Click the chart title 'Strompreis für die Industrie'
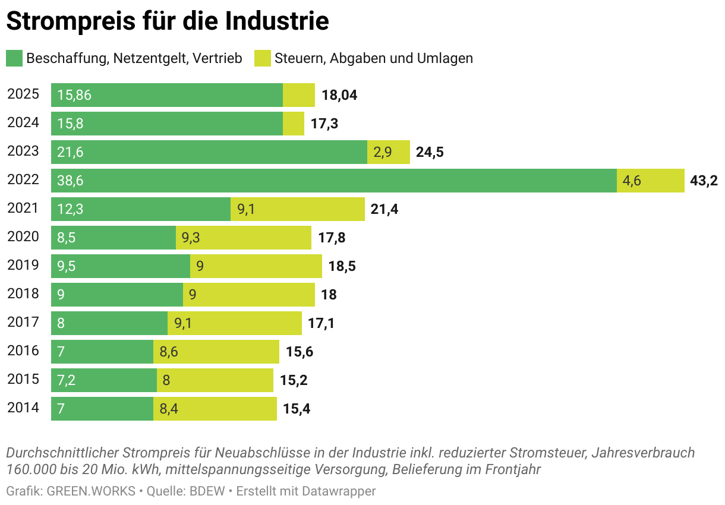[168, 21]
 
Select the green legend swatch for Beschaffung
[14, 58]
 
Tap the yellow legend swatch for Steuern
[261, 58]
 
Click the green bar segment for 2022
[333, 181]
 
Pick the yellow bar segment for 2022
[651, 181]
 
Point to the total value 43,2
[704, 181]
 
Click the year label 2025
[23, 94]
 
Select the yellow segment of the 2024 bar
[294, 124]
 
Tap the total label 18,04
[339, 95]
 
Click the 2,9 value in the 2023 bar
[382, 152]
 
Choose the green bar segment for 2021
[141, 209]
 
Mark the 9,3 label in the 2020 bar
[191, 238]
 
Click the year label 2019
[23, 266]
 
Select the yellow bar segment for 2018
[249, 295]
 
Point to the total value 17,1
[321, 323]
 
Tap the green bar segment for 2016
[102, 352]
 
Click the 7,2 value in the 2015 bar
[66, 380]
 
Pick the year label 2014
[23, 408]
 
